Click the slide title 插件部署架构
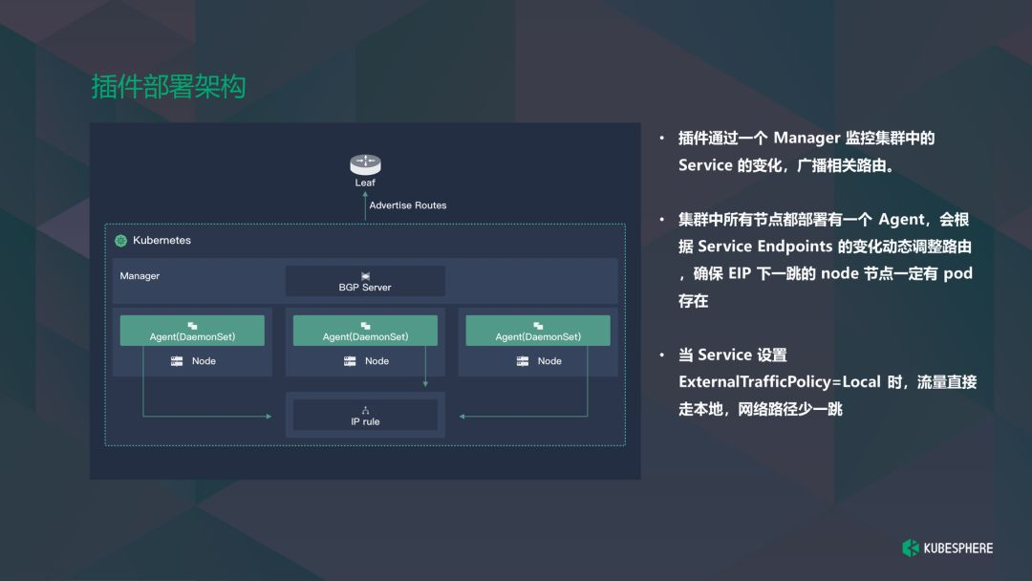pyautogui.click(x=168, y=87)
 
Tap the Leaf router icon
pyautogui.click(x=365, y=163)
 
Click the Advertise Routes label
pyautogui.click(x=408, y=205)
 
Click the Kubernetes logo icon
pyautogui.click(x=121, y=241)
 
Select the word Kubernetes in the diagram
pyautogui.click(x=161, y=241)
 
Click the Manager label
pyautogui.click(x=140, y=276)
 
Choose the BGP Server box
pyautogui.click(x=365, y=281)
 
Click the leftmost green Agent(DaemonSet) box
pyautogui.click(x=192, y=331)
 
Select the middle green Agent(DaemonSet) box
pyautogui.click(x=365, y=331)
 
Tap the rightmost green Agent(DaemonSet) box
pyautogui.click(x=538, y=331)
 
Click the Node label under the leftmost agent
pyautogui.click(x=204, y=361)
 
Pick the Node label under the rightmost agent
pyautogui.click(x=549, y=361)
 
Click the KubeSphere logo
pyautogui.click(x=947, y=548)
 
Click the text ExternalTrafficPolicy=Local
pyautogui.click(x=779, y=382)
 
